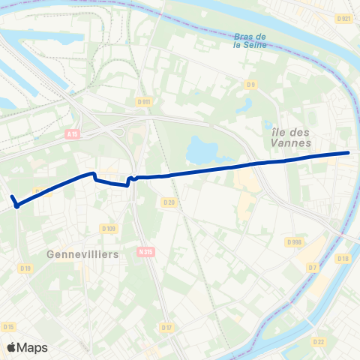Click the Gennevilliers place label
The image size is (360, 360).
[x=82, y=254]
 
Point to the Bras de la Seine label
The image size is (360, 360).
[x=250, y=40]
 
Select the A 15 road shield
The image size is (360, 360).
[x=72, y=134]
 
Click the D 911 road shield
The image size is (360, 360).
[x=145, y=100]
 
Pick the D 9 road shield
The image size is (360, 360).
[x=252, y=85]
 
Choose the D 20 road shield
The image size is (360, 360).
[x=168, y=202]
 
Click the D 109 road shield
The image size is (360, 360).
[x=109, y=228]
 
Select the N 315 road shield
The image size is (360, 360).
[x=146, y=252]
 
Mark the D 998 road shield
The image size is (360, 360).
[x=294, y=241]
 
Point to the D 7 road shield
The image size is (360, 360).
[x=313, y=266]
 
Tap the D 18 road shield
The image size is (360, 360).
[x=343, y=259]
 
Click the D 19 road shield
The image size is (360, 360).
[x=26, y=268]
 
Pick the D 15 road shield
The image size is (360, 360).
[x=9, y=326]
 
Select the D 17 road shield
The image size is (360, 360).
[x=166, y=327]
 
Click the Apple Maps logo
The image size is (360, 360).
[x=27, y=347]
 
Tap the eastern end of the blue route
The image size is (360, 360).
[x=348, y=153]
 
